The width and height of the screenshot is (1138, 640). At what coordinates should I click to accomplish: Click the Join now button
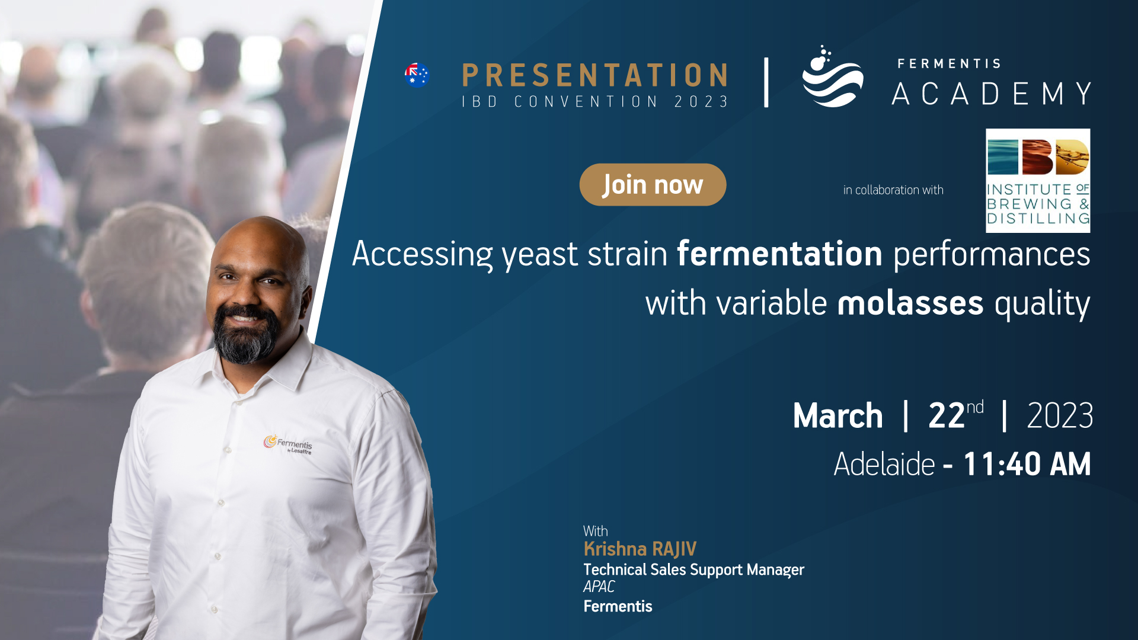point(653,185)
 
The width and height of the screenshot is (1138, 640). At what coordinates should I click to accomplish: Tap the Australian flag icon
point(417,75)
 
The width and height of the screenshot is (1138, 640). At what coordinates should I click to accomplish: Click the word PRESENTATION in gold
point(595,75)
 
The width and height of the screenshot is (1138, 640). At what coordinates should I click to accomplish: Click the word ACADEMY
point(992,94)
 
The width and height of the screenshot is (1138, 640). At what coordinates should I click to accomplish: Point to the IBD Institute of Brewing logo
point(1038,181)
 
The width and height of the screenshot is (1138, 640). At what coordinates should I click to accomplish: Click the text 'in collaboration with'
point(893,190)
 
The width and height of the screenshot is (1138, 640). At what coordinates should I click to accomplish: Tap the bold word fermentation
point(780,254)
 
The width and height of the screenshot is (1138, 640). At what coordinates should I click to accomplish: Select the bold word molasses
point(910,303)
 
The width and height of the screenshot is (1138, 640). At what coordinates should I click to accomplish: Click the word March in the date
point(838,415)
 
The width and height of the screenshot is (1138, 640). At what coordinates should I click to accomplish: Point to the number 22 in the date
point(947,415)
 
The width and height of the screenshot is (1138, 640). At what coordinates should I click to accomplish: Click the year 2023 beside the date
point(1060,415)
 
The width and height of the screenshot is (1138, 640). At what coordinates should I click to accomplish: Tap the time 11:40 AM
point(1027,464)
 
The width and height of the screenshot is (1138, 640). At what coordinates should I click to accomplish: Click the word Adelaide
point(884,464)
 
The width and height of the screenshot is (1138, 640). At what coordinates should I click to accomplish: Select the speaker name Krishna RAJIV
point(640,549)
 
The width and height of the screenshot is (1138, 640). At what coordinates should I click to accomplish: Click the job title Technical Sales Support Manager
point(693,570)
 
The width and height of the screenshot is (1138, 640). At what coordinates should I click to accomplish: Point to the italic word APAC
point(599,587)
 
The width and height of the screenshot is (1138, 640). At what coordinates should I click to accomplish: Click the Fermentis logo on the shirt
point(288,444)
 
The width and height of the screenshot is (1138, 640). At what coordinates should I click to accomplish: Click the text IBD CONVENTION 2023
point(595,102)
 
